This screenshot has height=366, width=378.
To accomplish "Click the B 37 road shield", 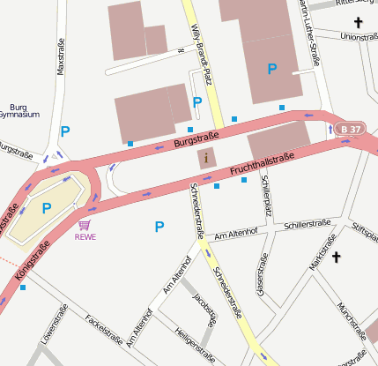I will point(349,130).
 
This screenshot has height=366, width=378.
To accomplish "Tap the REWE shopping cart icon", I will point(85,227).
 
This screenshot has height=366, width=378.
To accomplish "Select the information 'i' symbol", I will point(206,159).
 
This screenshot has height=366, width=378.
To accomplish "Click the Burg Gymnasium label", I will point(19,110).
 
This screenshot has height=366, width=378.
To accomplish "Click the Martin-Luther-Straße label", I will point(309,31).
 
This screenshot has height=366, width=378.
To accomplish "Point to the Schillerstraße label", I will point(308,225).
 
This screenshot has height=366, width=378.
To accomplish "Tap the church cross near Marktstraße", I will point(335,257).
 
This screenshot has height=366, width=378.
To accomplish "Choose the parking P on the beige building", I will point(46,207).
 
